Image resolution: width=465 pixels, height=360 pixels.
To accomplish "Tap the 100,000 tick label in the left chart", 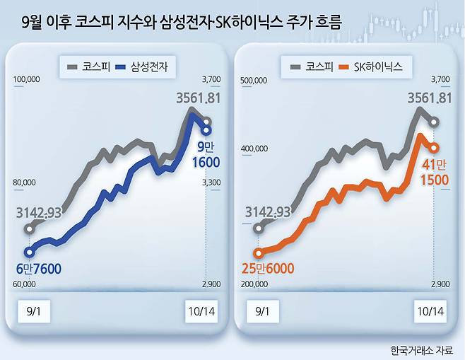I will click(28, 81).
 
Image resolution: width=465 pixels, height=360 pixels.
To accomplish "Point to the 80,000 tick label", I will click(25, 182).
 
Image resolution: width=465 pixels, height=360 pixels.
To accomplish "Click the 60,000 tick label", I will click(25, 284).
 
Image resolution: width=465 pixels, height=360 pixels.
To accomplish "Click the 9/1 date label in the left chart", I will click(33, 311).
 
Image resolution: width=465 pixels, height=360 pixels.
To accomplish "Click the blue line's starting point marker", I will click(29, 252).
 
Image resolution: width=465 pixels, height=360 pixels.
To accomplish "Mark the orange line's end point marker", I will click(434, 147).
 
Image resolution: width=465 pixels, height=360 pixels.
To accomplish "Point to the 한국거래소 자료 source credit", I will click(423, 349).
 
